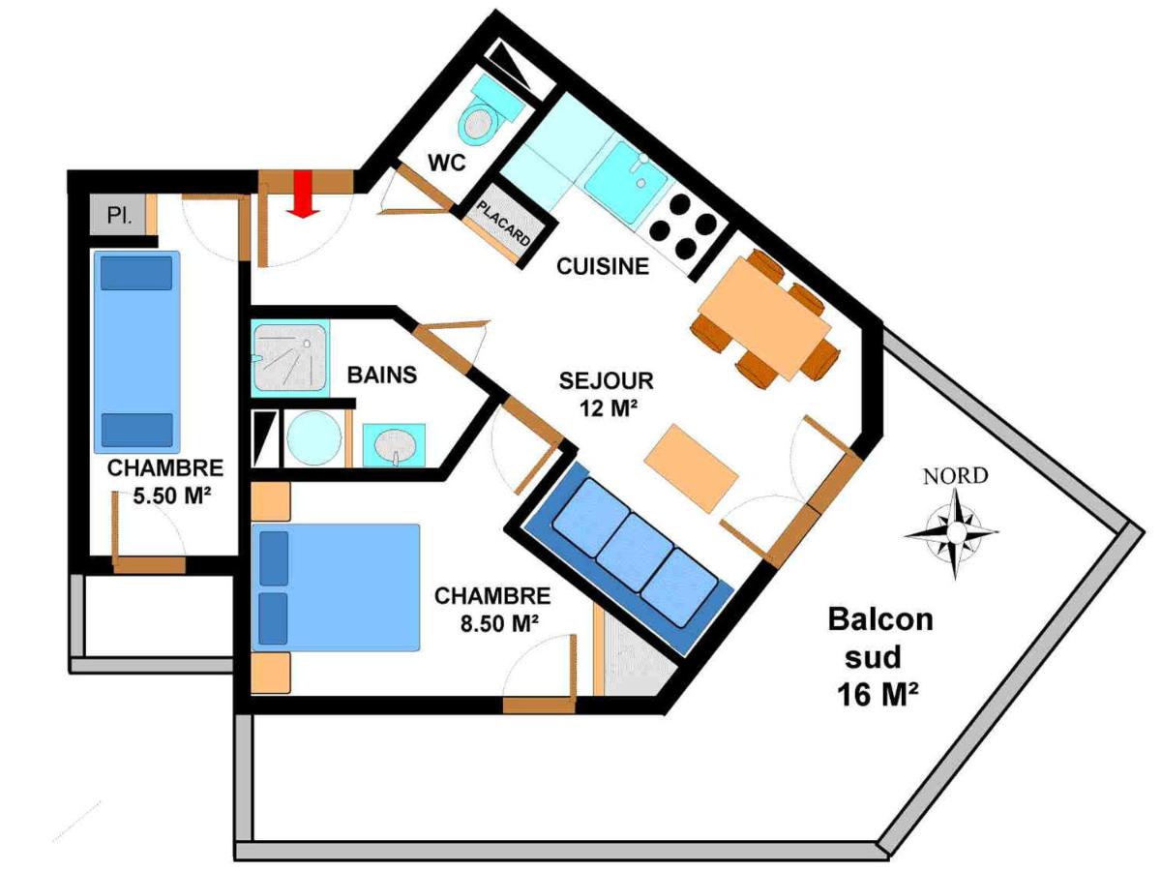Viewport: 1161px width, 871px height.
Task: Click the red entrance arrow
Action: click(x=304, y=194)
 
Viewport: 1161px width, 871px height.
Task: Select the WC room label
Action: click(x=447, y=163)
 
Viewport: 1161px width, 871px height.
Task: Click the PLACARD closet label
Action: click(x=503, y=224)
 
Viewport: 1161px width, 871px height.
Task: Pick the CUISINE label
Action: click(x=603, y=266)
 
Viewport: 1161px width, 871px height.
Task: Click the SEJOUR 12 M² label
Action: click(x=607, y=394)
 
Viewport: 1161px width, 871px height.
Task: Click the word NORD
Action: click(x=955, y=476)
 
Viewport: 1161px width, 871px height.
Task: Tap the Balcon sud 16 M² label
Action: click(x=879, y=658)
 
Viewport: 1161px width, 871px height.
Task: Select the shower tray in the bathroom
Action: click(x=290, y=357)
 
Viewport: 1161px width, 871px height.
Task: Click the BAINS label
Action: click(x=382, y=375)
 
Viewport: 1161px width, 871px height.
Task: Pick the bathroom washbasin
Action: click(x=394, y=445)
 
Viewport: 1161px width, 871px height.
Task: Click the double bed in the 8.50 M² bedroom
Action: click(x=336, y=587)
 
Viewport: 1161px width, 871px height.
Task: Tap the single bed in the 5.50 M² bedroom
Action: click(x=137, y=352)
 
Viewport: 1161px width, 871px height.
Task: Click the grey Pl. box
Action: click(x=118, y=215)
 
